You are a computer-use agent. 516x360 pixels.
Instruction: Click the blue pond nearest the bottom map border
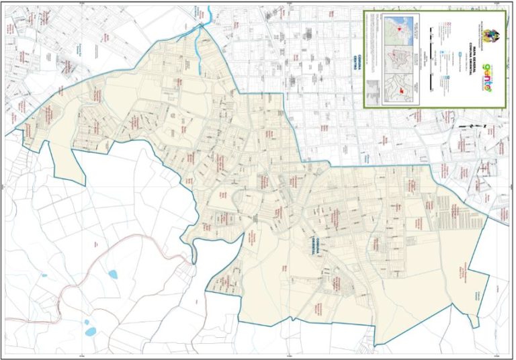(90, 331)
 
